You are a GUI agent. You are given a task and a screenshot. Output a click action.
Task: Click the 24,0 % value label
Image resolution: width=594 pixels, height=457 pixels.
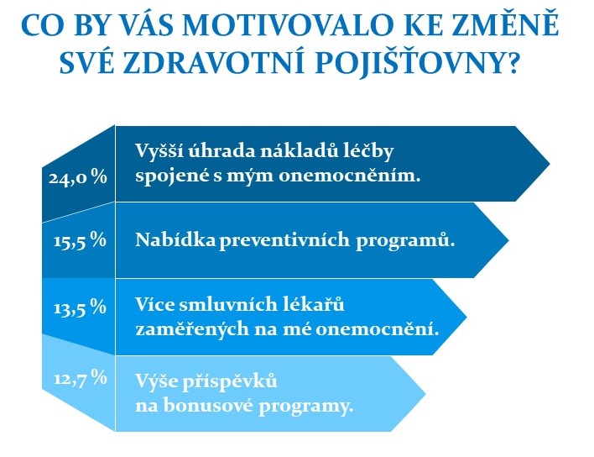pyautogui.click(x=78, y=178)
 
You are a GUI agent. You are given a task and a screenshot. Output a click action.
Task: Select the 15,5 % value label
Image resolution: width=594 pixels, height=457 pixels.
pyautogui.click(x=80, y=240)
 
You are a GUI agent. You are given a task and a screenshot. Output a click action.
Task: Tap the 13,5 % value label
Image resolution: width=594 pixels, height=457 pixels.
pyautogui.click(x=80, y=307)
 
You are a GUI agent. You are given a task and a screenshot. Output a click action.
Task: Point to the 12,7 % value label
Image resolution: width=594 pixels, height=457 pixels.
pyautogui.click(x=81, y=378)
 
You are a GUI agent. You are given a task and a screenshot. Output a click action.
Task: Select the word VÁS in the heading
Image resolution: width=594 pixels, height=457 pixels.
pyautogui.click(x=144, y=24)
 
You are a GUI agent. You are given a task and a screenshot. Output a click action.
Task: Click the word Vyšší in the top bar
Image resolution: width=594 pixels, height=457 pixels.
pyautogui.click(x=159, y=150)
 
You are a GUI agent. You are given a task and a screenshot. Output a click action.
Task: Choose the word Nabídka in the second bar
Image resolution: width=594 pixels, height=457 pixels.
pyautogui.click(x=175, y=239)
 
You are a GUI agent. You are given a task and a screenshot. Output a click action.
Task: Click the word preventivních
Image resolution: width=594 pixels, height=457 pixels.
pyautogui.click(x=284, y=240)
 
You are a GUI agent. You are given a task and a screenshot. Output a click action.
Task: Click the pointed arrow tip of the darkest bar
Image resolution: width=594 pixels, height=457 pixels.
pyautogui.click(x=550, y=164)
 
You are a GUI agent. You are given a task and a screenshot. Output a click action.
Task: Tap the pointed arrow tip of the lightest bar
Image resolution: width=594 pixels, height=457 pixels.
pyautogui.click(x=425, y=393)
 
